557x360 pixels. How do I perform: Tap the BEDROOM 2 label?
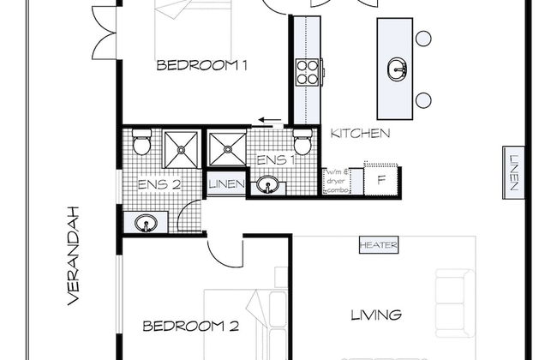189,326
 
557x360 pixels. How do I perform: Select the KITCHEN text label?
361,134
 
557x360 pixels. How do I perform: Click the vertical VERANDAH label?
75,256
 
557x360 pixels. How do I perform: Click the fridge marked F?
382,181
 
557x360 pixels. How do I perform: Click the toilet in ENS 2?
141,142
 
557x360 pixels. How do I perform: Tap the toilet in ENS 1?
300,142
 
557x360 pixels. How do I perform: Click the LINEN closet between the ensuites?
226,185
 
